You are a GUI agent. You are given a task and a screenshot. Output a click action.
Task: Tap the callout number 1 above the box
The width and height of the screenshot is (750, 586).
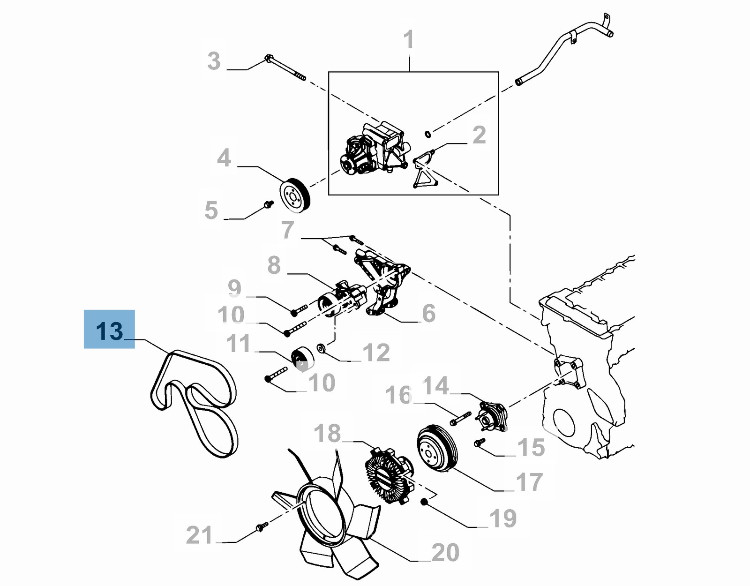click(x=409, y=39)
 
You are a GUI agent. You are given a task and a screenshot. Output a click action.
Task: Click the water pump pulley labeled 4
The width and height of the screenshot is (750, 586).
click(x=295, y=195)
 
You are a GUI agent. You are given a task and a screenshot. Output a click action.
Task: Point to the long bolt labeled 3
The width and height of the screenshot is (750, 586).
click(x=285, y=68)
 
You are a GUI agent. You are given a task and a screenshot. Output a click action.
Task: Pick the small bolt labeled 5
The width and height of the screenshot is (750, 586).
click(x=269, y=204)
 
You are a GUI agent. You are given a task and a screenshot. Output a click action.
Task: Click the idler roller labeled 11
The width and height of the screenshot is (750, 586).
click(x=302, y=359)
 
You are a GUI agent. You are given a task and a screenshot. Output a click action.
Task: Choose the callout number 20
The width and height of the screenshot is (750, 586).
click(x=445, y=552)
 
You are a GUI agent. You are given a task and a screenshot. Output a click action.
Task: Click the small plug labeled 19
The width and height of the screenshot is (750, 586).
click(x=424, y=502)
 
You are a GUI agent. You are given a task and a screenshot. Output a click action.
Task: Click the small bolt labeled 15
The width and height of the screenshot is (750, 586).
click(x=479, y=442)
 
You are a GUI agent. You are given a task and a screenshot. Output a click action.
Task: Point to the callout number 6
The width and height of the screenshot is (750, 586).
click(x=428, y=313)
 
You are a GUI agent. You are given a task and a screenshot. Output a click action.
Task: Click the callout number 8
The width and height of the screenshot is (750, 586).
click(x=274, y=265)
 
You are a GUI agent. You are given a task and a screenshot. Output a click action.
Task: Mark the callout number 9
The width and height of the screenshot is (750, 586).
click(x=234, y=287)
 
